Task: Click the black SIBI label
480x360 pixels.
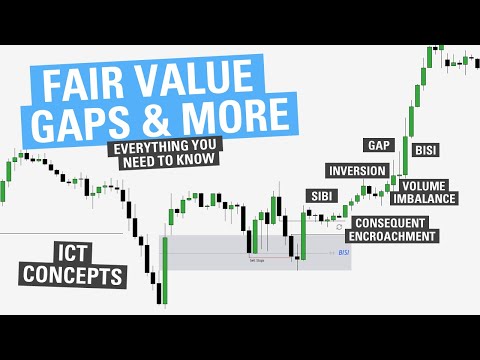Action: point(321,195)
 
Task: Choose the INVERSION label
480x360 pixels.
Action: point(357,171)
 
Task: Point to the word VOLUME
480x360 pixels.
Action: point(426,185)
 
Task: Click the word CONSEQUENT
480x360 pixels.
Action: point(391,222)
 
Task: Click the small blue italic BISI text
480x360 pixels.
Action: point(345,253)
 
